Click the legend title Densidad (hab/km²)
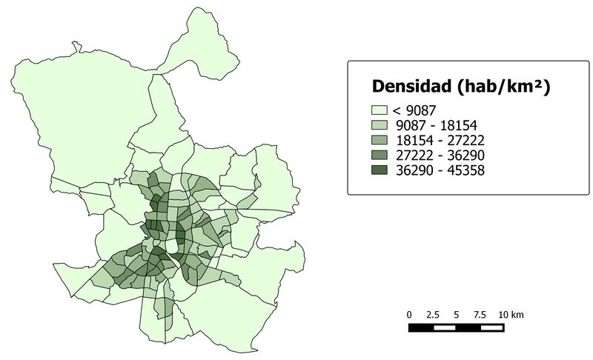click(x=460, y=87)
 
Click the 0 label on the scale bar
click(x=409, y=315)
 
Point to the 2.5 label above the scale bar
click(x=434, y=315)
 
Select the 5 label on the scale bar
click(x=457, y=315)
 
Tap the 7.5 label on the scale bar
click(x=480, y=315)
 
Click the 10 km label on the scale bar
click(x=511, y=315)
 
